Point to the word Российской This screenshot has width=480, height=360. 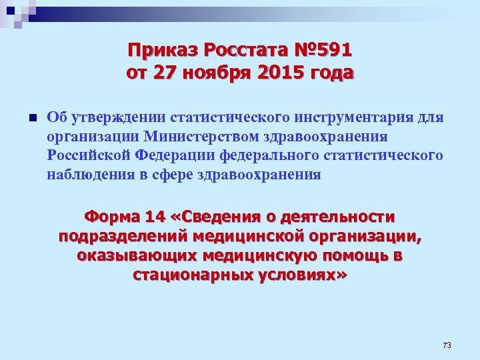[87, 155]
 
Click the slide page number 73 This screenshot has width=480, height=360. [447, 345]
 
